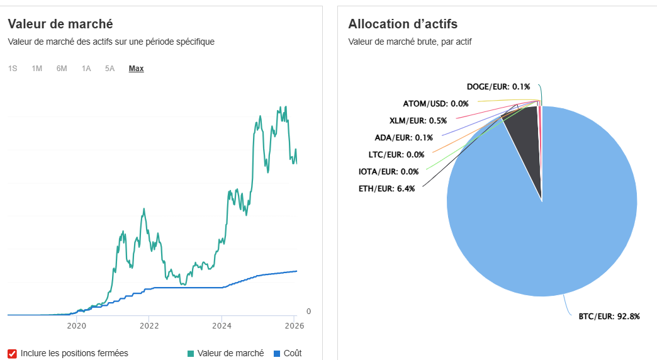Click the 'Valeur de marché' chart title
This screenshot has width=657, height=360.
(60, 24)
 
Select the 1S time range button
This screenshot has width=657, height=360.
(13, 69)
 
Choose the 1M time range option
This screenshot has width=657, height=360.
(37, 69)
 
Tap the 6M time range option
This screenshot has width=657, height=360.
(62, 69)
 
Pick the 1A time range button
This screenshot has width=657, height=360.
(86, 69)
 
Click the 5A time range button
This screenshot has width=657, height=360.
(110, 69)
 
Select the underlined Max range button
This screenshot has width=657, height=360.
(136, 69)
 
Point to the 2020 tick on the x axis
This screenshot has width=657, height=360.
(76, 326)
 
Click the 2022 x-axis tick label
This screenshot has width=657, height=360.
(149, 326)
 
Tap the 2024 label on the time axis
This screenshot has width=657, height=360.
(222, 326)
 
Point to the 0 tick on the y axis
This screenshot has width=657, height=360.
(308, 311)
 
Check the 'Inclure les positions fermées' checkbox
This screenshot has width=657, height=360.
(12, 353)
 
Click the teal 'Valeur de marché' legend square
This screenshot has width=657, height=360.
(191, 354)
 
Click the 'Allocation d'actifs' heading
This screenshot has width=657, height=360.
(403, 24)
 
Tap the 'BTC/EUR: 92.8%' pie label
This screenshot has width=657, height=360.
(609, 317)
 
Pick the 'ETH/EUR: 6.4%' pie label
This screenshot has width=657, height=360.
(386, 188)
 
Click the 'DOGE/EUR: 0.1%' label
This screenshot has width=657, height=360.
(498, 86)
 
